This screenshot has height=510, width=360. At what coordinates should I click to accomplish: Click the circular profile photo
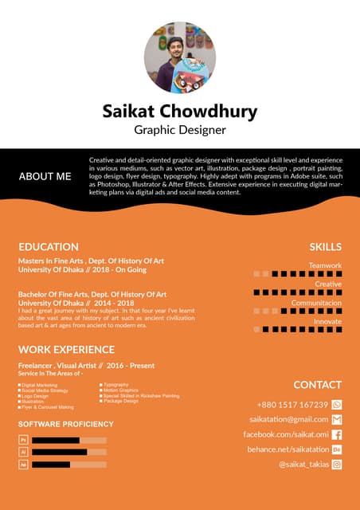pos(180,57)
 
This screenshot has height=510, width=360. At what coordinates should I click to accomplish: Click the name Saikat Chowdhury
pos(180,111)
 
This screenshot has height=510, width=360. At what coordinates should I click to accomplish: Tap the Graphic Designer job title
pos(180,129)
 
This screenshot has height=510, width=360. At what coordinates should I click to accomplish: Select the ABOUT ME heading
pos(45,176)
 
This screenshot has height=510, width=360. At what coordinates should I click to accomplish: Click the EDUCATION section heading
pos(49,247)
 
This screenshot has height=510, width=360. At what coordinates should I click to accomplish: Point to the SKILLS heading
pos(325,247)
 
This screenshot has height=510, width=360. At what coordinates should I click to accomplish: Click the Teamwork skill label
pos(325,265)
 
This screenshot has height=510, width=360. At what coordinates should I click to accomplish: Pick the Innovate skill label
pos(327,321)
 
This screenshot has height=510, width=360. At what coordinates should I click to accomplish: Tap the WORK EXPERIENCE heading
pos(66,349)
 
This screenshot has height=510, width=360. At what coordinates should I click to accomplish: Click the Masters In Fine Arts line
pos(91,261)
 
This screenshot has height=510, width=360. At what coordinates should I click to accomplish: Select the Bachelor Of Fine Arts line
pos(92,295)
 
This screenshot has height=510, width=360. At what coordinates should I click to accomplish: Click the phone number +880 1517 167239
pos(292,405)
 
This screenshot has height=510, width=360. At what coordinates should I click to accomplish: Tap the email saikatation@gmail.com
pos(288,419)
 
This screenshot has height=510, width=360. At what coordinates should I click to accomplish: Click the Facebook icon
pos(336,434)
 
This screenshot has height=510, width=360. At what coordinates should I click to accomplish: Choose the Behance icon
pos(336,449)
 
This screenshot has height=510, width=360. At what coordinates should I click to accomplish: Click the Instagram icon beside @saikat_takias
pos(336,464)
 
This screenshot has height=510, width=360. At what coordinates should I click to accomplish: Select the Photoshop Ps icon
pos(24,440)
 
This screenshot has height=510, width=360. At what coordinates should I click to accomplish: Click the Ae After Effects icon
pos(24,464)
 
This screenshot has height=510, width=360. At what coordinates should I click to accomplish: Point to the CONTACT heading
pos(317,385)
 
